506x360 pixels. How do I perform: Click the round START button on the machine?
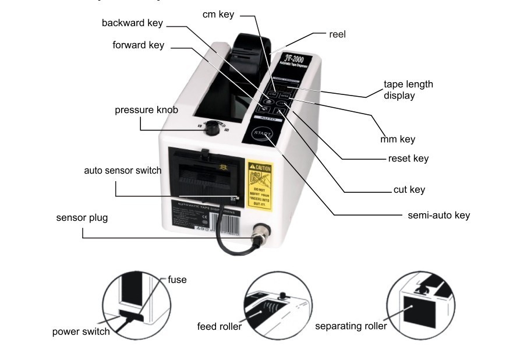262,136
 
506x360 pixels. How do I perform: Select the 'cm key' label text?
218,13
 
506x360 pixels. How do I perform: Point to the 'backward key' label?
132,23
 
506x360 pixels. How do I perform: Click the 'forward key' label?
138,45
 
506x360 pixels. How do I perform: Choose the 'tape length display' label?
408,90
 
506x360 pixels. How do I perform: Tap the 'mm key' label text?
397,139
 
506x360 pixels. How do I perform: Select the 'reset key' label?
408,158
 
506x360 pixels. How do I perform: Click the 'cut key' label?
409,189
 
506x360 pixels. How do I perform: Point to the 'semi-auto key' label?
438,215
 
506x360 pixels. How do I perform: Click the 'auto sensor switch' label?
122,171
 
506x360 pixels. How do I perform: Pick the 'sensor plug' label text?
82,217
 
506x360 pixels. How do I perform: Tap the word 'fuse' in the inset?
177,280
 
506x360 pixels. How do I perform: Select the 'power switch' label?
81,331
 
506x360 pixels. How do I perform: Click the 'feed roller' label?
220,326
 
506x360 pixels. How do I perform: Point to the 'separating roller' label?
351,326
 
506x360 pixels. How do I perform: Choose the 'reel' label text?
337,34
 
